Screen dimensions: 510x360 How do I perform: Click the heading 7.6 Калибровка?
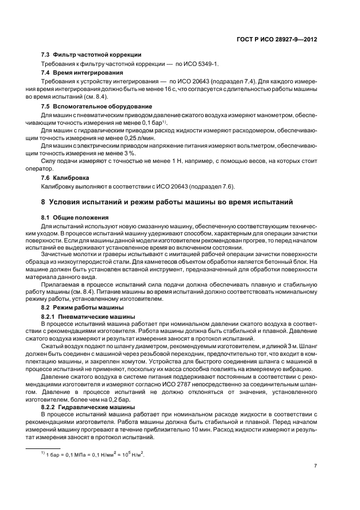tap(65, 178)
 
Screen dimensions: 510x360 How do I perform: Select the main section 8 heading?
tap(167, 202)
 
